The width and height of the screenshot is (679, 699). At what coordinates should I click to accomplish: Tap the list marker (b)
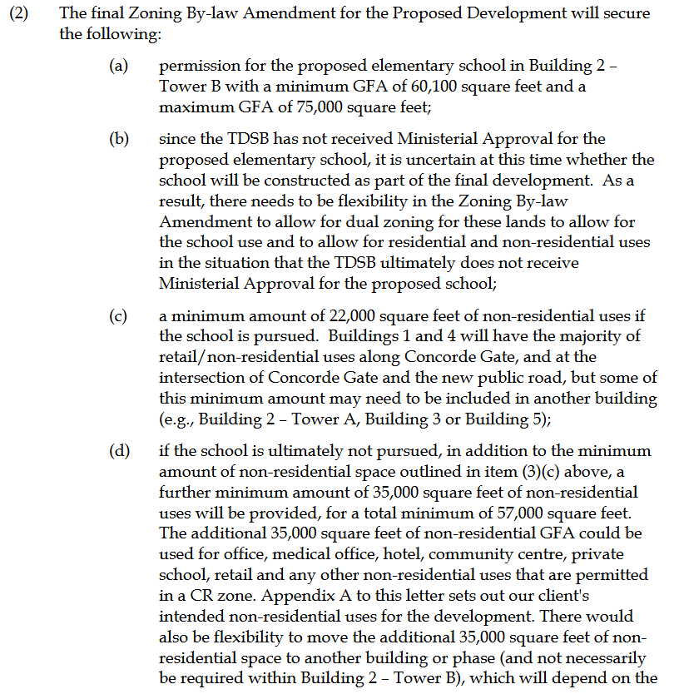point(119,138)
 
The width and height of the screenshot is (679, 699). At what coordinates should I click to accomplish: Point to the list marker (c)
point(119,316)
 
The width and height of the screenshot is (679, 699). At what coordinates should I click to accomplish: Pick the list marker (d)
point(119,451)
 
